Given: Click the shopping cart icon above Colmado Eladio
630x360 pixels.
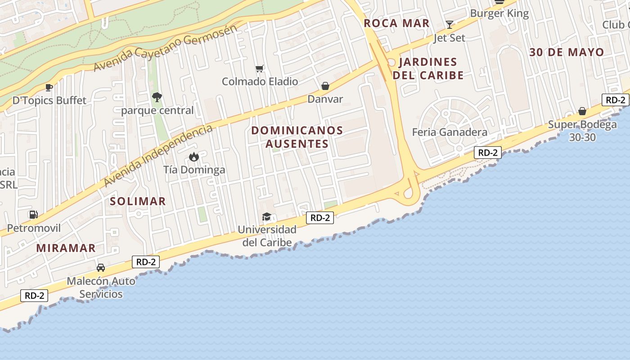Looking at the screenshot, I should pos(259,68).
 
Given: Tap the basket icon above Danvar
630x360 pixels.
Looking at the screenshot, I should pos(325,86).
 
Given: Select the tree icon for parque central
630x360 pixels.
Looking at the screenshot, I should pos(157,97).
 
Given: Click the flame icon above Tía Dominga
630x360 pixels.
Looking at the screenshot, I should pos(194,157).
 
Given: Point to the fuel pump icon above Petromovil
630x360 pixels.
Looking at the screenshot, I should pos(33,215).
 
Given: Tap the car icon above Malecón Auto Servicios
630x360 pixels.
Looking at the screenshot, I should pos(101,267).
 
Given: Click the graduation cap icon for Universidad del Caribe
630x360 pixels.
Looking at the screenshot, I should pos(266,217).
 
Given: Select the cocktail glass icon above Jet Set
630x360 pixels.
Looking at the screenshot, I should pos(449,24).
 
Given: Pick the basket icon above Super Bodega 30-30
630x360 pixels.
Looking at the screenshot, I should pos(582,111).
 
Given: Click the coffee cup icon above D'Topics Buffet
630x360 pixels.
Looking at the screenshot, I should pos(49,87).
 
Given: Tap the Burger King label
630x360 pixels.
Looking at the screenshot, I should pos(499,13).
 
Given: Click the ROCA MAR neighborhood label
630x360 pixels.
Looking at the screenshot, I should pos(396,23).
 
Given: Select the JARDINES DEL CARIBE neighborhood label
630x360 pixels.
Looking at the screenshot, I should pos(428,68).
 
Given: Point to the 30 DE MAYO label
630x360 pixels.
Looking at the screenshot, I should pos(567,52).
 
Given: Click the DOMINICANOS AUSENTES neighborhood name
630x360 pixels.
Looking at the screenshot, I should pos(297,137).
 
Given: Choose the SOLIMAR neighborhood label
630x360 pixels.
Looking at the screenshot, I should pos(138,201).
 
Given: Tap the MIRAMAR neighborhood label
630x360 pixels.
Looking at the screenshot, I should pos(66,248).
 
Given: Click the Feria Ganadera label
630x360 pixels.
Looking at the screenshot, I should pos(450,132).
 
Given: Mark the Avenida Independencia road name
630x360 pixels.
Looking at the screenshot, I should pos(158,155).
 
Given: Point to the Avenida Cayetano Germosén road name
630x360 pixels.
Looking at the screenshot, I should pos(165,48).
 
